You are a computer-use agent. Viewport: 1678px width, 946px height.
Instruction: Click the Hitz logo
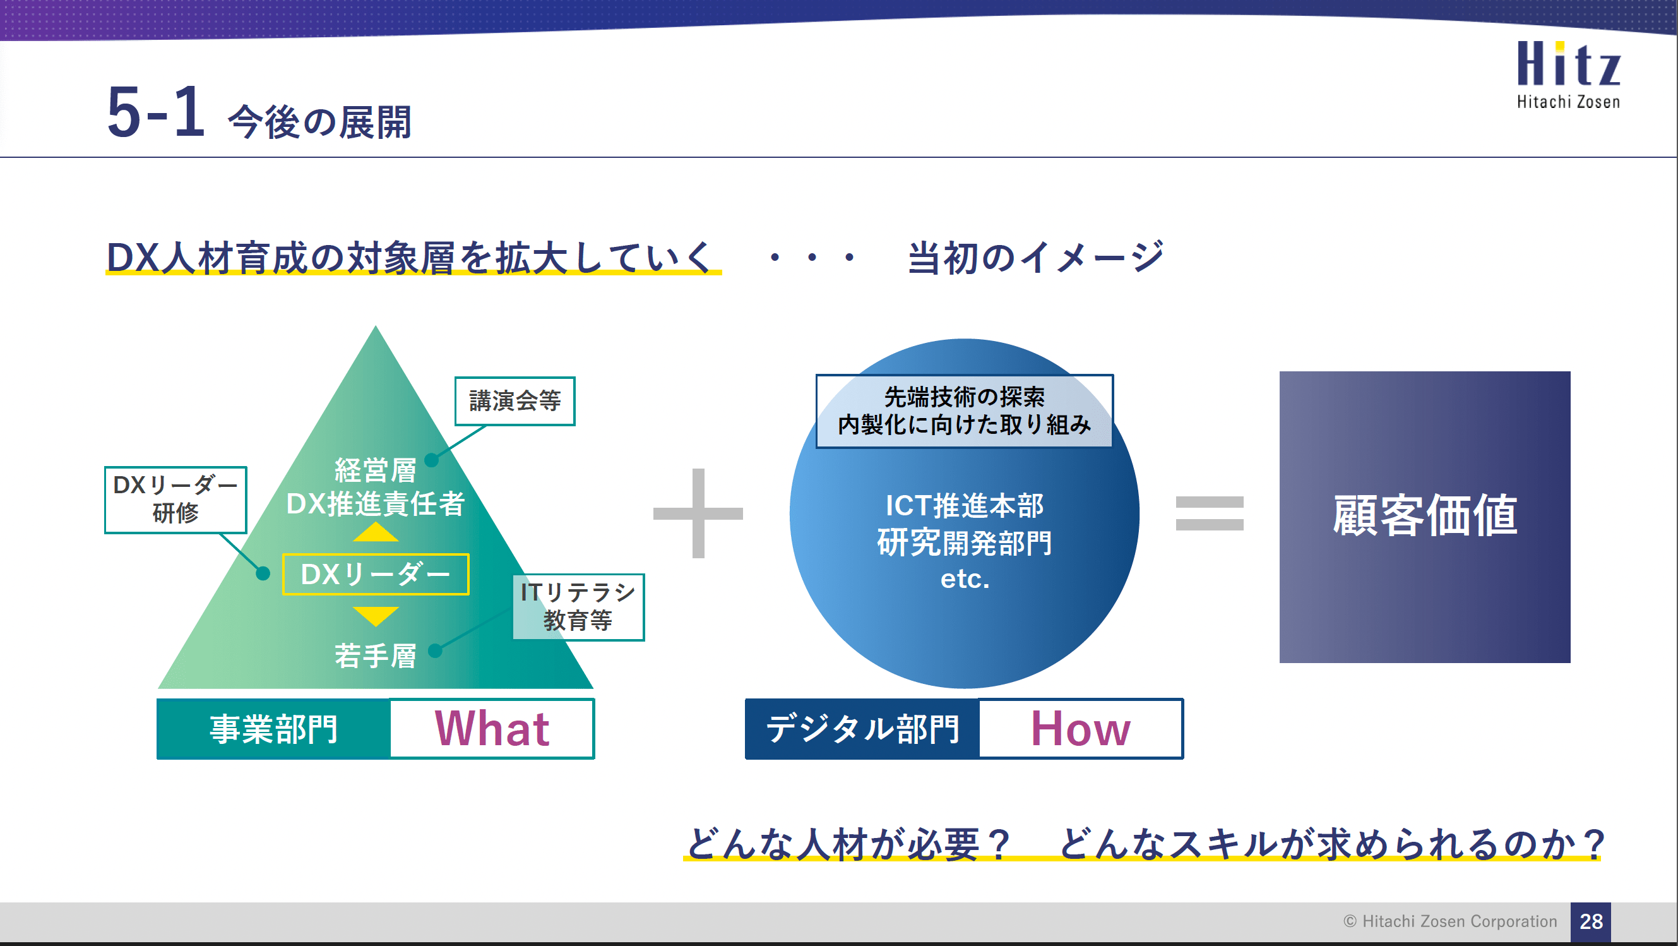[1568, 73]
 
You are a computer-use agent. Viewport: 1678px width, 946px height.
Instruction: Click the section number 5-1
[157, 112]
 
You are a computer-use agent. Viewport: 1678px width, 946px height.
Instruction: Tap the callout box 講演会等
[515, 400]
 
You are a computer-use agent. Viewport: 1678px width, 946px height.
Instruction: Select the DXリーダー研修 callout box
[176, 499]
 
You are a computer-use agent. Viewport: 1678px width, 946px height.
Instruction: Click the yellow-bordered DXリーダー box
[375, 574]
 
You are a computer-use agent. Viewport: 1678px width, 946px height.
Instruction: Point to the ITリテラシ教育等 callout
[578, 606]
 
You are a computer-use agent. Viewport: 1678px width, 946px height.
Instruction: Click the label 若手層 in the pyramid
[375, 656]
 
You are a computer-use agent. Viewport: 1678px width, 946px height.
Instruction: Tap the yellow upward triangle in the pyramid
[375, 533]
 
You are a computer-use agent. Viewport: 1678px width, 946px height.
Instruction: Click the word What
[492, 728]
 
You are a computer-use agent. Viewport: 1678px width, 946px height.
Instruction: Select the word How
[1080, 728]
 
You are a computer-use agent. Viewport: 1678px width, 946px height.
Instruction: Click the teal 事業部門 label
[273, 728]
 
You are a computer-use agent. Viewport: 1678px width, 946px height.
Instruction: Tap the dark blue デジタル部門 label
[862, 728]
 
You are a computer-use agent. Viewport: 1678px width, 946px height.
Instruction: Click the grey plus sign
[698, 513]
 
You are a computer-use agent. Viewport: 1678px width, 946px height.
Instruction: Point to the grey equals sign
[1209, 513]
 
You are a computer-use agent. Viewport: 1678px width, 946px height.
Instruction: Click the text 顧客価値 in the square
[1425, 515]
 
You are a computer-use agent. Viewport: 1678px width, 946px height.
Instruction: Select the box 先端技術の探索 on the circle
[964, 410]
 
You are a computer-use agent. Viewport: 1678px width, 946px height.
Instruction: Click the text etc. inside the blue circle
[965, 578]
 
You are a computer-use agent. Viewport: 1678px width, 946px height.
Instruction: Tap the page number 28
[1591, 921]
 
